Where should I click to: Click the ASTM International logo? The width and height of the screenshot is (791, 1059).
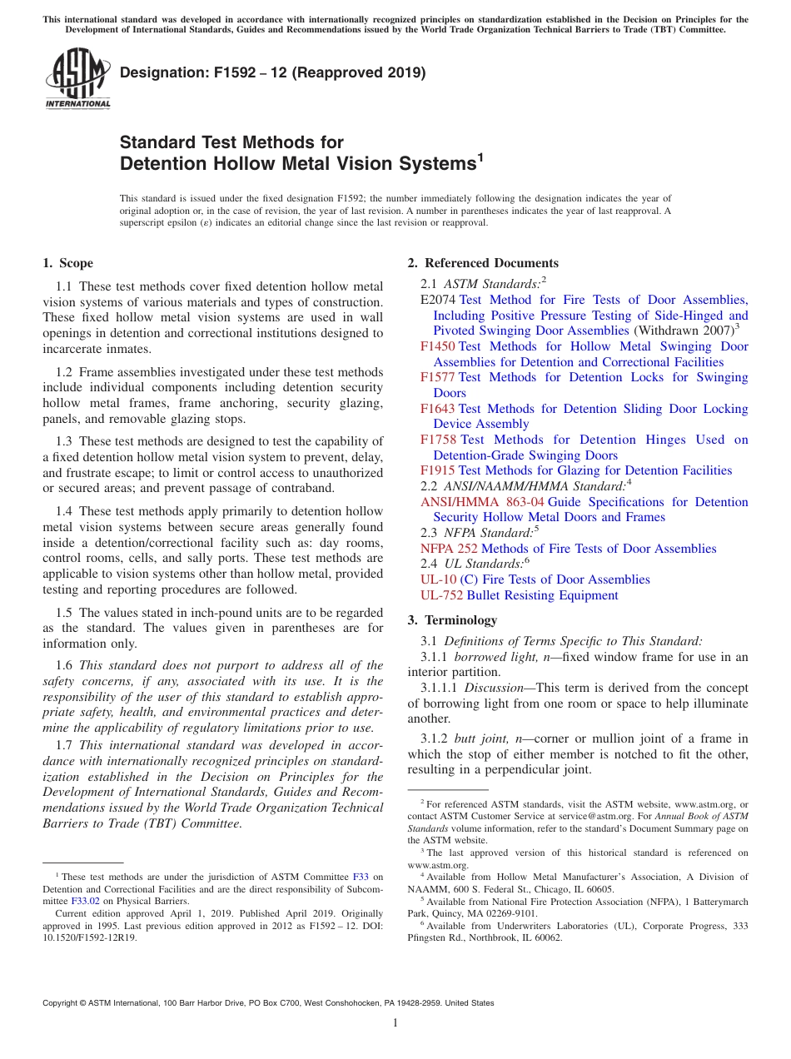point(77,78)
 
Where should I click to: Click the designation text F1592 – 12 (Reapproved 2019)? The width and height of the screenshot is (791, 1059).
point(273,72)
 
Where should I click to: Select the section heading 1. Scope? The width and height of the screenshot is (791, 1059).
point(67,263)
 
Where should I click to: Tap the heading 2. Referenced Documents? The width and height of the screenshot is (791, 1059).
point(483,263)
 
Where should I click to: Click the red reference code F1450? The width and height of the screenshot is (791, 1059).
point(438,346)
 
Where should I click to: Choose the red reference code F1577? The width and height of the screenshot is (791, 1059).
point(438,377)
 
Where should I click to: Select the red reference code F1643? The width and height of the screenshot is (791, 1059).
point(438,409)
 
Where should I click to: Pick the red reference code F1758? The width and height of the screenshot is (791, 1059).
point(439,440)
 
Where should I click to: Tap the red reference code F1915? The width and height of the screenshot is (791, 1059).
point(438,470)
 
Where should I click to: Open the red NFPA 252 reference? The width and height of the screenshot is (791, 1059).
point(449,549)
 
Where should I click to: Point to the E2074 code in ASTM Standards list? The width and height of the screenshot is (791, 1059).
point(438,300)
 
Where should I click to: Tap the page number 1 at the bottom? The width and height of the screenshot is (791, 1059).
point(395,1023)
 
